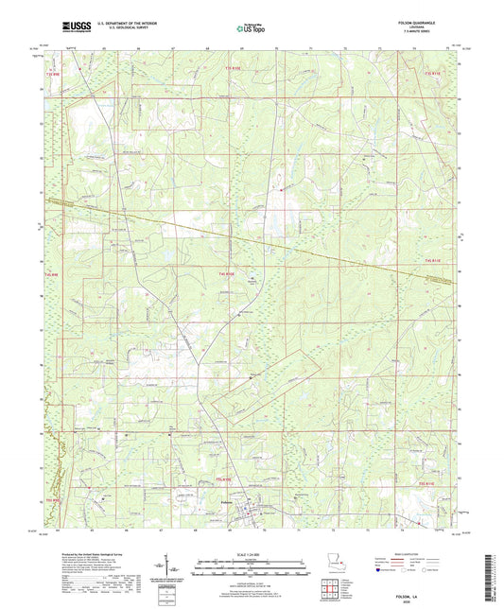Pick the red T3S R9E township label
pos(49,69)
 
